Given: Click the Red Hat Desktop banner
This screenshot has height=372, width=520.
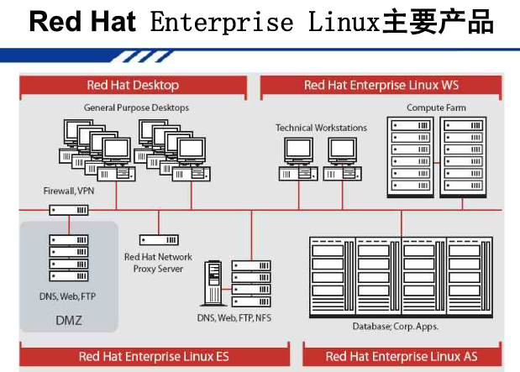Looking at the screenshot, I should coord(133,85).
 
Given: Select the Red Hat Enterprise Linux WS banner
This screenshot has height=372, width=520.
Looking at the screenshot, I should coord(381,85).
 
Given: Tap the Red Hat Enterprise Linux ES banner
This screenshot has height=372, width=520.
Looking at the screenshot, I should coord(154,356).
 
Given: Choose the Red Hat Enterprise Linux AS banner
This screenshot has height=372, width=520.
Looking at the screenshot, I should coord(402,356).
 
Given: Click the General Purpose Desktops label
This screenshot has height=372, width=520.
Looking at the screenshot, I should coord(136,107).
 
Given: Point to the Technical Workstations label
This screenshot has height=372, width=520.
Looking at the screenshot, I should coord(321,128).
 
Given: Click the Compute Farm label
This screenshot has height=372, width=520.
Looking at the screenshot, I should coord(436,107).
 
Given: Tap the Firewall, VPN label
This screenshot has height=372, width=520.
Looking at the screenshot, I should coord(70,191).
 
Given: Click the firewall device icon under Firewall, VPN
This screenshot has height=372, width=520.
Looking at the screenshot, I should coord(69,210).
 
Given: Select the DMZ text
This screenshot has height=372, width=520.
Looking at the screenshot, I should coord(69,320).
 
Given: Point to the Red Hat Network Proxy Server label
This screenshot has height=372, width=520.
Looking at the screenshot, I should coord(158,263).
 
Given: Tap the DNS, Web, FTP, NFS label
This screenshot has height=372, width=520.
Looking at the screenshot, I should coord(234,317).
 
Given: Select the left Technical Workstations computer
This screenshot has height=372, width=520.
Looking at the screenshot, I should coord(299,160).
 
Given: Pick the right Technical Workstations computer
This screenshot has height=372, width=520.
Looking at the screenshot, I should coord(342,160).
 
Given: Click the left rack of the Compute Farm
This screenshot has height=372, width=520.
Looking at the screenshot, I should coord(412,157).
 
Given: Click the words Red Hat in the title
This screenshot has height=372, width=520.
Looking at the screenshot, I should coord(82,23).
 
